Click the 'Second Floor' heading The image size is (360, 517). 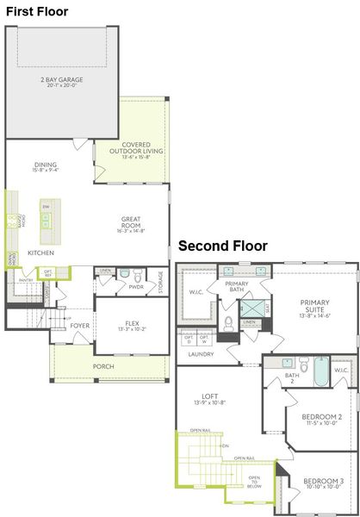pyautogui.click(x=222, y=246)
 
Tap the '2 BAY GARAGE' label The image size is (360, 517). pyautogui.click(x=59, y=83)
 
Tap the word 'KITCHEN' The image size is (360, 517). pyautogui.click(x=41, y=253)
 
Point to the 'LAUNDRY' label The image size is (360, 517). pyautogui.click(x=201, y=354)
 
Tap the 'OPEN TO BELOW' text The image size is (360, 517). pyautogui.click(x=254, y=480)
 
